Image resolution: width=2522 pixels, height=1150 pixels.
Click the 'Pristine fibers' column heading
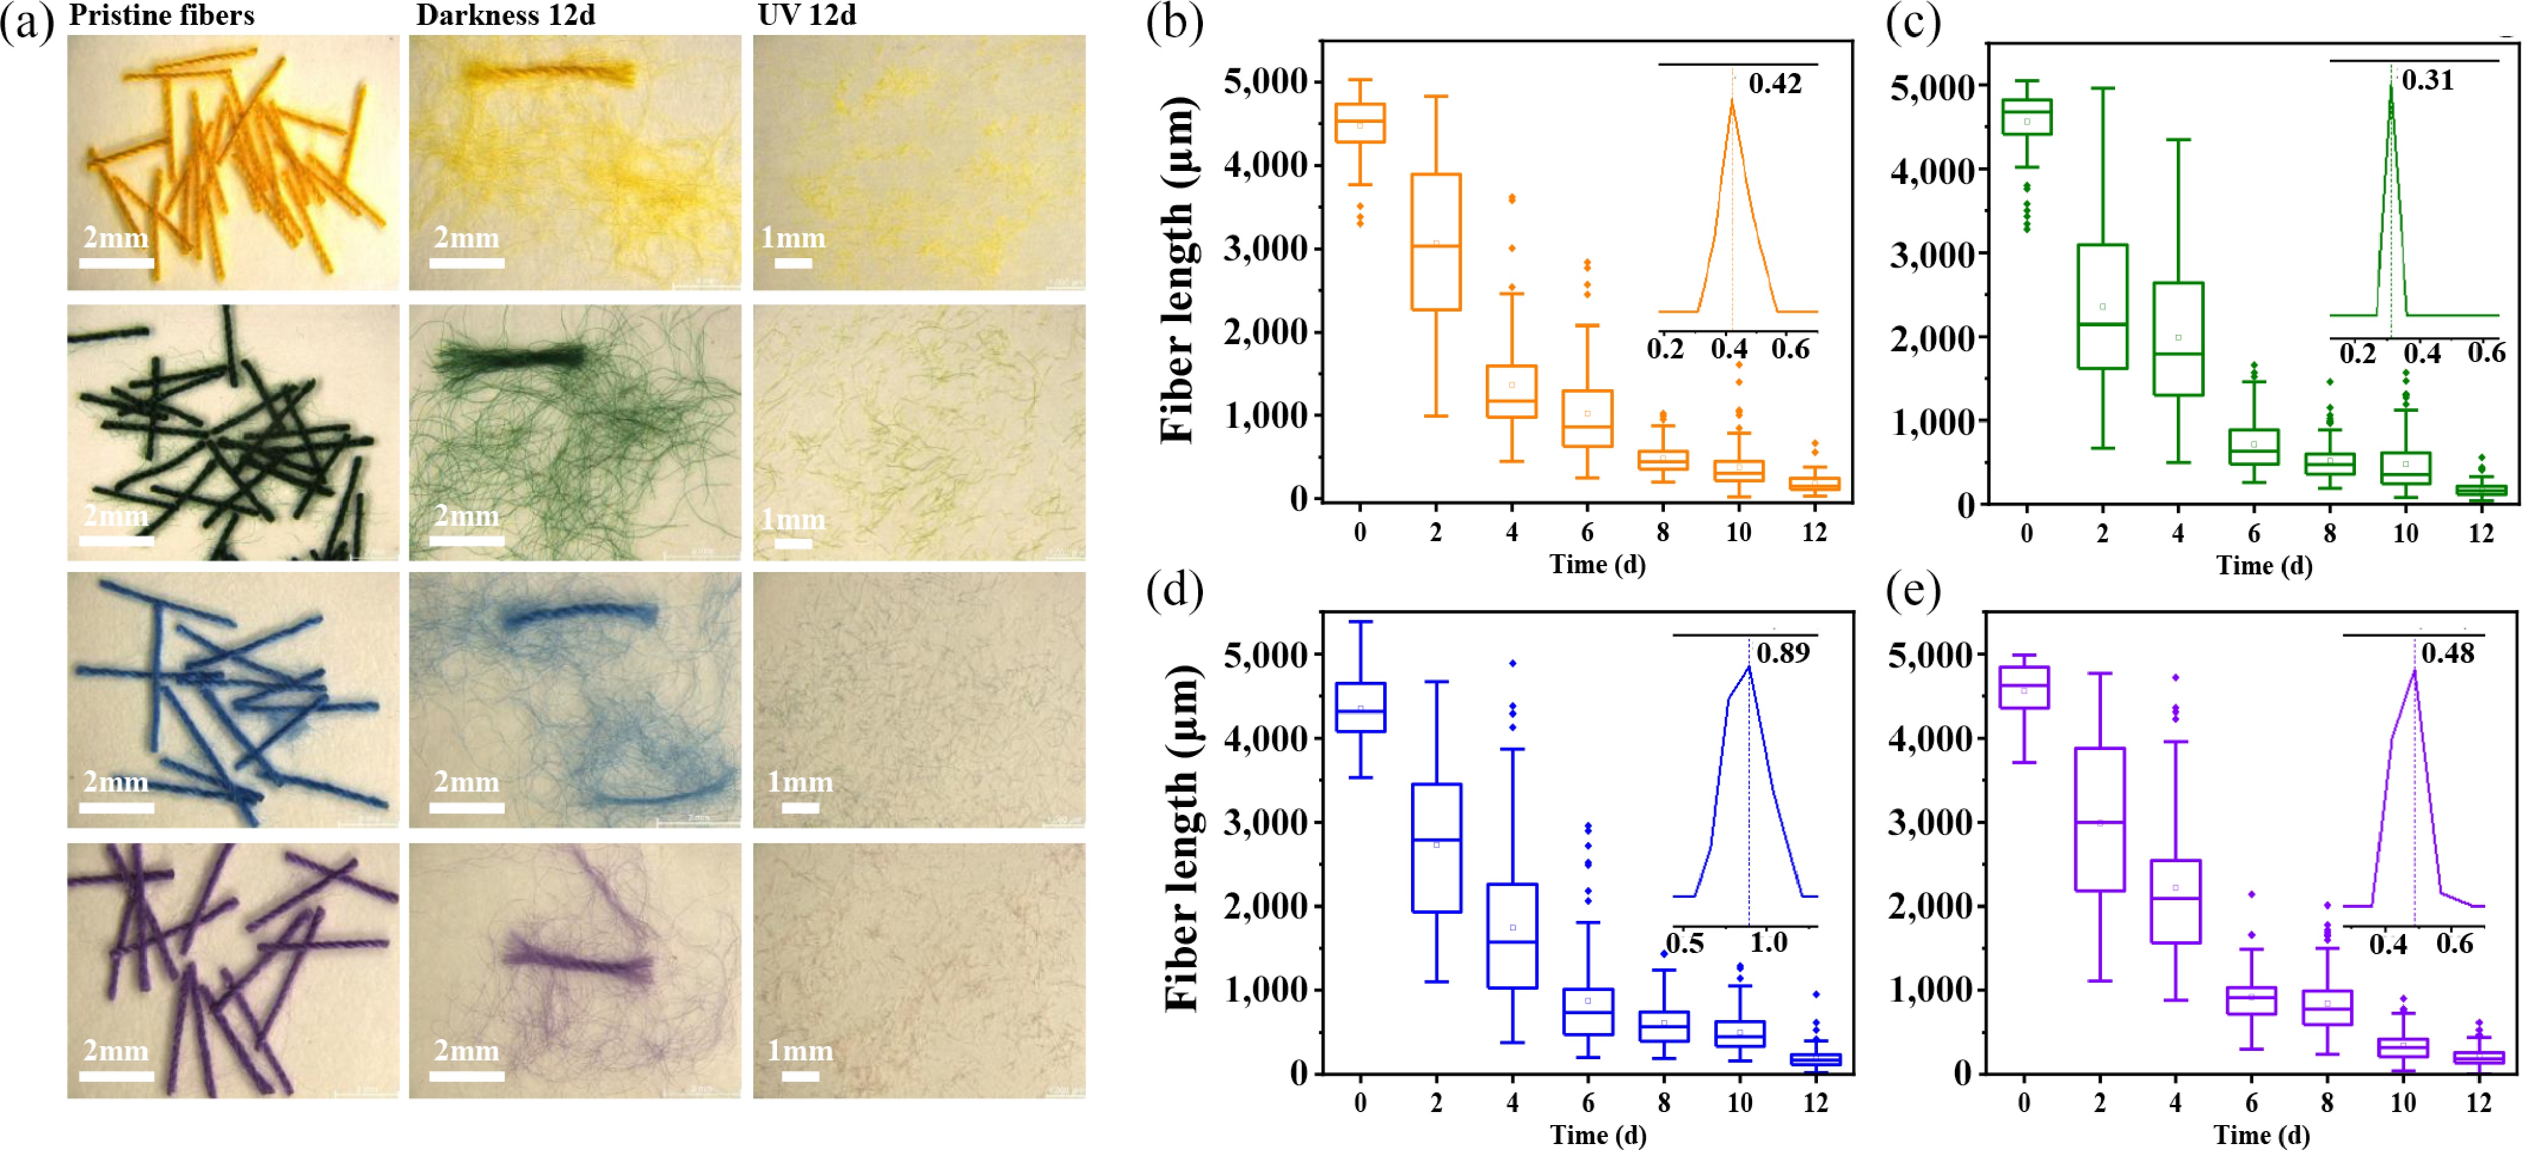(x=161, y=15)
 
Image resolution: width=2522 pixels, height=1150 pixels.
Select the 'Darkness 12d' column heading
(x=505, y=15)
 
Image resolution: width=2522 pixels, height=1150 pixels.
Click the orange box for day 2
(x=1435, y=242)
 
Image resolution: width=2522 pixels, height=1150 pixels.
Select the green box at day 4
(x=2177, y=339)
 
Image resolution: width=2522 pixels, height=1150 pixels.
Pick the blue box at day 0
(x=1360, y=707)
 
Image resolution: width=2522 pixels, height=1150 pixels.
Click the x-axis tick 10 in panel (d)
(x=1739, y=1103)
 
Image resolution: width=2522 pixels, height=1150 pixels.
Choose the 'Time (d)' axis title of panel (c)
(x=2263, y=566)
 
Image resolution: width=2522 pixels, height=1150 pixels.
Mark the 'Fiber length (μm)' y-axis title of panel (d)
(x=1182, y=837)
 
